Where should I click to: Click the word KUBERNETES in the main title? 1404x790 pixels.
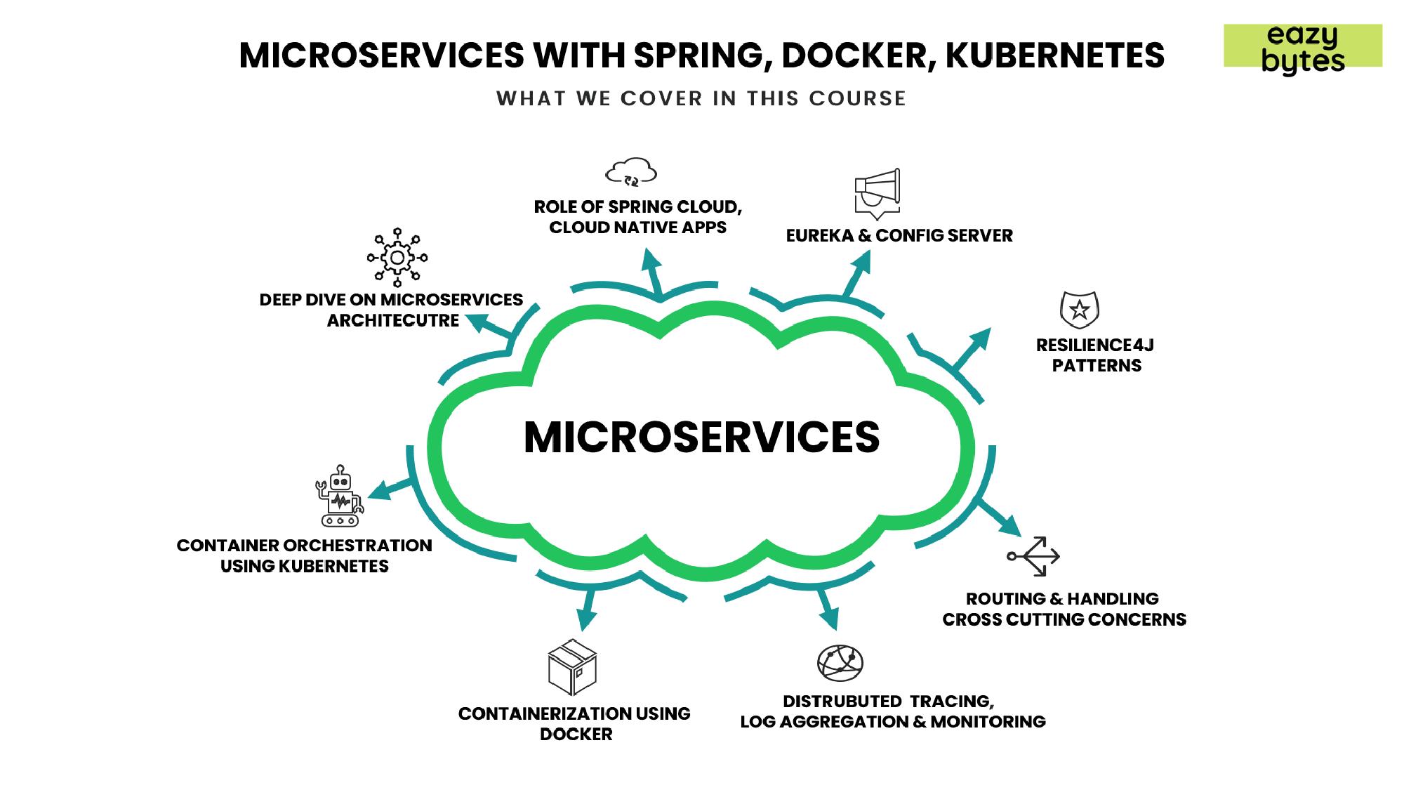tap(1054, 55)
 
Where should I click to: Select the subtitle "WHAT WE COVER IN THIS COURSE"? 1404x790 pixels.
tap(701, 98)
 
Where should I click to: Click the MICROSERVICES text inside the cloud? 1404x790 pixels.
tap(701, 437)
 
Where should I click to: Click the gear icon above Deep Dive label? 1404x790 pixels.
tap(397, 257)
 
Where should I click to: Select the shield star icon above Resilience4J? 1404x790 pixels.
tap(1079, 310)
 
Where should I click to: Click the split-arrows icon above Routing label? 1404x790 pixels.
tap(1033, 556)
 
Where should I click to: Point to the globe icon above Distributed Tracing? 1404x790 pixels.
tap(840, 662)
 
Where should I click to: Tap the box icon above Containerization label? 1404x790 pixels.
tap(572, 667)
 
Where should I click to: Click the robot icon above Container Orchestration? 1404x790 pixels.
tap(340, 496)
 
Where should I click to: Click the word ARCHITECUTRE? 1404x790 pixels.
tap(393, 321)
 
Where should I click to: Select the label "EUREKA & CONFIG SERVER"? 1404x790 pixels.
tap(899, 236)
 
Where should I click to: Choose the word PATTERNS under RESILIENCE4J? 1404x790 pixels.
tap(1097, 366)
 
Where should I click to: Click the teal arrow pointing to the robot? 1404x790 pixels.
tap(388, 488)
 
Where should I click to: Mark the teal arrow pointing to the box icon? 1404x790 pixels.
tap(587, 611)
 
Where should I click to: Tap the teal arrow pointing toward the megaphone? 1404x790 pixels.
tap(857, 271)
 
